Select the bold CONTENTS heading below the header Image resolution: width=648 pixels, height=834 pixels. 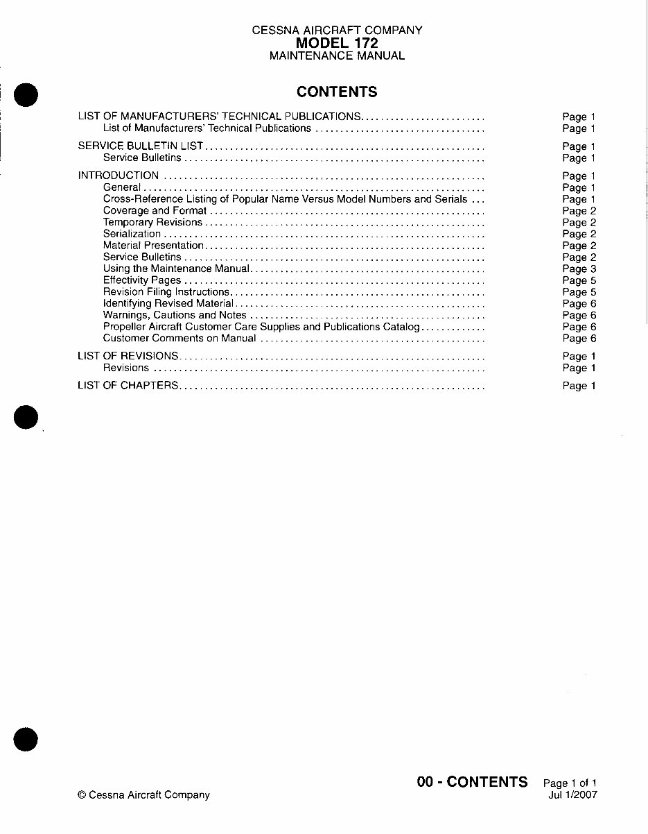(x=337, y=92)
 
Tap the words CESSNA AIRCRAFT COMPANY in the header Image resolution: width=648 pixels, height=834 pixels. (x=337, y=31)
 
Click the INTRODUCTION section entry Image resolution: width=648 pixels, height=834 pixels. (x=119, y=176)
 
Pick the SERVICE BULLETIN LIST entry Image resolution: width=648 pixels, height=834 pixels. (x=140, y=146)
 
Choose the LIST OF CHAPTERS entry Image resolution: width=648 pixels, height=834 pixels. (x=128, y=386)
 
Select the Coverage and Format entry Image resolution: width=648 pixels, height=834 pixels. (x=155, y=210)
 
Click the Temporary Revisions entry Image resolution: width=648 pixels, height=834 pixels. (x=152, y=222)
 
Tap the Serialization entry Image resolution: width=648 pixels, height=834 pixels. (x=132, y=234)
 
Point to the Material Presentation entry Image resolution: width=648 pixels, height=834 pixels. (x=153, y=246)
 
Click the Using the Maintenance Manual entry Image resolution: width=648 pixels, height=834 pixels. (x=175, y=269)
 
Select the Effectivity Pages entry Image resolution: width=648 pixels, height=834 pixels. (x=142, y=280)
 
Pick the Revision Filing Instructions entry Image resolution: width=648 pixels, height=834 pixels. (x=166, y=292)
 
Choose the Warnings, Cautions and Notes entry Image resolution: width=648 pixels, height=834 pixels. (x=175, y=315)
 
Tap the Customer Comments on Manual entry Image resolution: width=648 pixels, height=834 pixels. (x=179, y=339)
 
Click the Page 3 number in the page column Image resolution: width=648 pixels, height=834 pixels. (x=579, y=269)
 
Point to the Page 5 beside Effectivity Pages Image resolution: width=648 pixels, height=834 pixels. (x=579, y=281)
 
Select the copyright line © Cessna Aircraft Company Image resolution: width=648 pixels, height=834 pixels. (x=143, y=795)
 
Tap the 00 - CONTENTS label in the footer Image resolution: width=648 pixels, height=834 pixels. (x=472, y=782)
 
